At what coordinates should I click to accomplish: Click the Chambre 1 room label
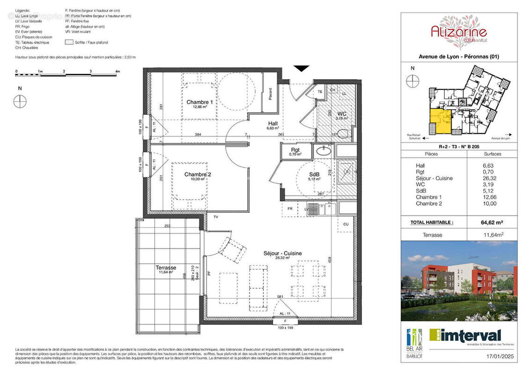point(200,102)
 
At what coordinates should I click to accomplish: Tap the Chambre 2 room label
point(198,175)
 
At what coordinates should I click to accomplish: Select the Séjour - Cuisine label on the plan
point(282,253)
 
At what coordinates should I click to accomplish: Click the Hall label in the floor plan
point(272,123)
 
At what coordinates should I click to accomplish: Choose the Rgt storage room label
point(294,150)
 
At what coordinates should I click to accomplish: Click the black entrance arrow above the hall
point(302,68)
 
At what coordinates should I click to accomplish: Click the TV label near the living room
point(216,217)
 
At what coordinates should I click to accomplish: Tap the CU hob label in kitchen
point(346,225)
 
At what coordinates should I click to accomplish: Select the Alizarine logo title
point(459,32)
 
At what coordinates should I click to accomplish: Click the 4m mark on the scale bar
point(118,72)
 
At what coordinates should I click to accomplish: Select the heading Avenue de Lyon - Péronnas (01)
point(459,57)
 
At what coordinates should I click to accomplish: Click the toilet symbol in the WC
point(343,135)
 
